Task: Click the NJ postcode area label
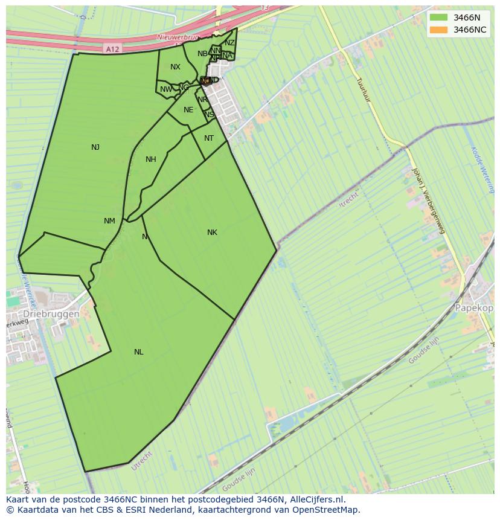point(95,147)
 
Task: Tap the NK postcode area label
point(212,233)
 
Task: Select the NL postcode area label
point(139,352)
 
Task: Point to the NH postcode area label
point(151,159)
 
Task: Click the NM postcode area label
point(109,221)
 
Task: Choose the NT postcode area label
point(209,138)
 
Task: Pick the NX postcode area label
point(175,67)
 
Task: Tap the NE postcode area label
point(188,110)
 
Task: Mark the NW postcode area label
point(166,90)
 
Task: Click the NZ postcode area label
point(229,43)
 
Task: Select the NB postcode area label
point(202,54)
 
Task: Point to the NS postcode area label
point(209,115)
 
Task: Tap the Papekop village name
point(475,307)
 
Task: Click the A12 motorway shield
point(111,48)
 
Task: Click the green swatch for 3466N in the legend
point(439,18)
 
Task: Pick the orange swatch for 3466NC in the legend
point(439,30)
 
